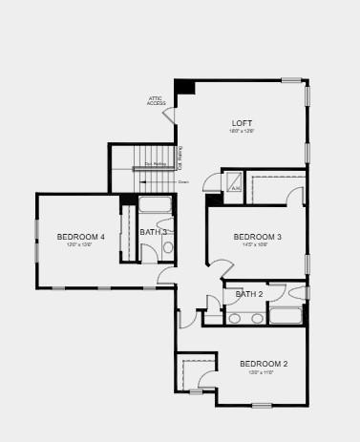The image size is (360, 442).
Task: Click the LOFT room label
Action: (x=243, y=123)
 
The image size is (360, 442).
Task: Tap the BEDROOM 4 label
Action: (x=80, y=237)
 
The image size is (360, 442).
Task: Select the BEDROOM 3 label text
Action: (x=258, y=237)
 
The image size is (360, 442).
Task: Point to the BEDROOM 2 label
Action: (x=263, y=364)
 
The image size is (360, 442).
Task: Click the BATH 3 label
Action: (x=154, y=232)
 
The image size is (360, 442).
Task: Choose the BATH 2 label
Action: (x=249, y=294)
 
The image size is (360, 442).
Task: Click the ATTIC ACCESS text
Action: (x=157, y=100)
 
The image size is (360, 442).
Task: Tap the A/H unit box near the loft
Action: (x=233, y=181)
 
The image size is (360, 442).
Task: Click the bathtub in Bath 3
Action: (x=155, y=203)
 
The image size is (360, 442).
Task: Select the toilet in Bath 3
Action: (x=168, y=248)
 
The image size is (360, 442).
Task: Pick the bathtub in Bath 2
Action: (x=285, y=315)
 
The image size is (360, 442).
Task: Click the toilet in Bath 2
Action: (x=298, y=293)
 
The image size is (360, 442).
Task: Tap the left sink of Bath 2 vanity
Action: (x=234, y=317)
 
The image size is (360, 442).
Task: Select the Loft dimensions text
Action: (x=241, y=132)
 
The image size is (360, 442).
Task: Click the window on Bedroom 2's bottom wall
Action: (x=262, y=405)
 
